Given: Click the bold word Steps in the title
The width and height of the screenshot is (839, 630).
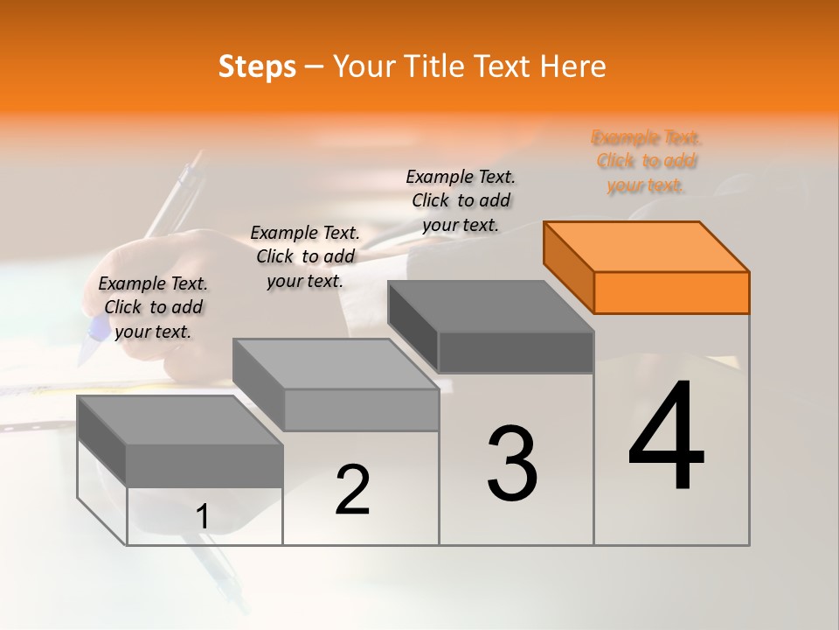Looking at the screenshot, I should pyautogui.click(x=257, y=66).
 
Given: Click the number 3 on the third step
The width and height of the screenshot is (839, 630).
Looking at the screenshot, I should pyautogui.click(x=512, y=464).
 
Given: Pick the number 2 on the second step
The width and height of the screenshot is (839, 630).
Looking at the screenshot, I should pyautogui.click(x=352, y=490).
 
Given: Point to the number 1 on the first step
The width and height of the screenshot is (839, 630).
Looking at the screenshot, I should pyautogui.click(x=203, y=517).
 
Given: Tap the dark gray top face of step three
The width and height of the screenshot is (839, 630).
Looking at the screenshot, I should pyautogui.click(x=490, y=305).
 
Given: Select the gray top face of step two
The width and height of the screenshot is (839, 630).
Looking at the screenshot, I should pyautogui.click(x=336, y=363).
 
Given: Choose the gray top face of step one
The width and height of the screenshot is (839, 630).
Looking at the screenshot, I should pyautogui.click(x=179, y=420).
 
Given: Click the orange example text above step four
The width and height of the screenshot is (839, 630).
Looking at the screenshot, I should pyautogui.click(x=646, y=161).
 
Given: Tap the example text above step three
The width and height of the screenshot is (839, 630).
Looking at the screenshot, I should pyautogui.click(x=461, y=200).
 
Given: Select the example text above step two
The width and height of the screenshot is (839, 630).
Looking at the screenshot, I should pyautogui.click(x=305, y=256).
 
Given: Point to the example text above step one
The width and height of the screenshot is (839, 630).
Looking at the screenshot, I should pyautogui.click(x=153, y=307).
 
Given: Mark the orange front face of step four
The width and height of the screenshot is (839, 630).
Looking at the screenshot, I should pyautogui.click(x=671, y=292).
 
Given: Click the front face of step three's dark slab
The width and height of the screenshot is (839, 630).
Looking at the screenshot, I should pyautogui.click(x=516, y=352).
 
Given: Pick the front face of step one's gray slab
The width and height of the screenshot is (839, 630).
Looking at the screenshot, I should pyautogui.click(x=205, y=465).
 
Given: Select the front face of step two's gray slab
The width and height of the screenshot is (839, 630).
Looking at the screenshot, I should pyautogui.click(x=360, y=409).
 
